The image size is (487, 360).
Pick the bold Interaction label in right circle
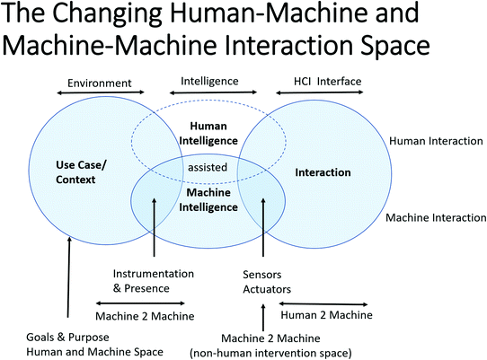tap(323, 171)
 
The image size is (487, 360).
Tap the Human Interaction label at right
tap(435, 141)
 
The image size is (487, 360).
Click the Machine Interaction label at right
tap(435, 218)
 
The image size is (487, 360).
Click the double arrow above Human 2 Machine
tap(334, 303)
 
